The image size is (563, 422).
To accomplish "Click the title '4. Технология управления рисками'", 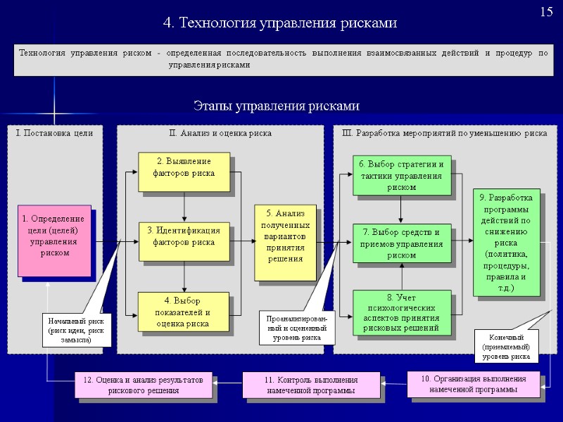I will [280, 23].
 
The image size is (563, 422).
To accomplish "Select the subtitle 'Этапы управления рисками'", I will [277, 106].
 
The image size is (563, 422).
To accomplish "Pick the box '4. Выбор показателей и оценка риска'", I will [184, 312].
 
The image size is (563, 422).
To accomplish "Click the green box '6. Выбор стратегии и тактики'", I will [401, 175].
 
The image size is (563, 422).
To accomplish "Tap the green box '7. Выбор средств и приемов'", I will [401, 243].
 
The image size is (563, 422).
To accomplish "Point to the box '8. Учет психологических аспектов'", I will [401, 313].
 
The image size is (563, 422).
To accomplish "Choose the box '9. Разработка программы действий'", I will [507, 243].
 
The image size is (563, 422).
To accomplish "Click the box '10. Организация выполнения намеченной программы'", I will [473, 384].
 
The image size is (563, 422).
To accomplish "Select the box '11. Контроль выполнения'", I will [311, 385].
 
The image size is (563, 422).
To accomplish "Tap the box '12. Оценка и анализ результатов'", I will [143, 385].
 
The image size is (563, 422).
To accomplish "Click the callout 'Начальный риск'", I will [75, 330].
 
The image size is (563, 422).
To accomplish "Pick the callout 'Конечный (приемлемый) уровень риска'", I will [510, 346].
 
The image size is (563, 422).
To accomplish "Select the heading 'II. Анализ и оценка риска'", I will [220, 132].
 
